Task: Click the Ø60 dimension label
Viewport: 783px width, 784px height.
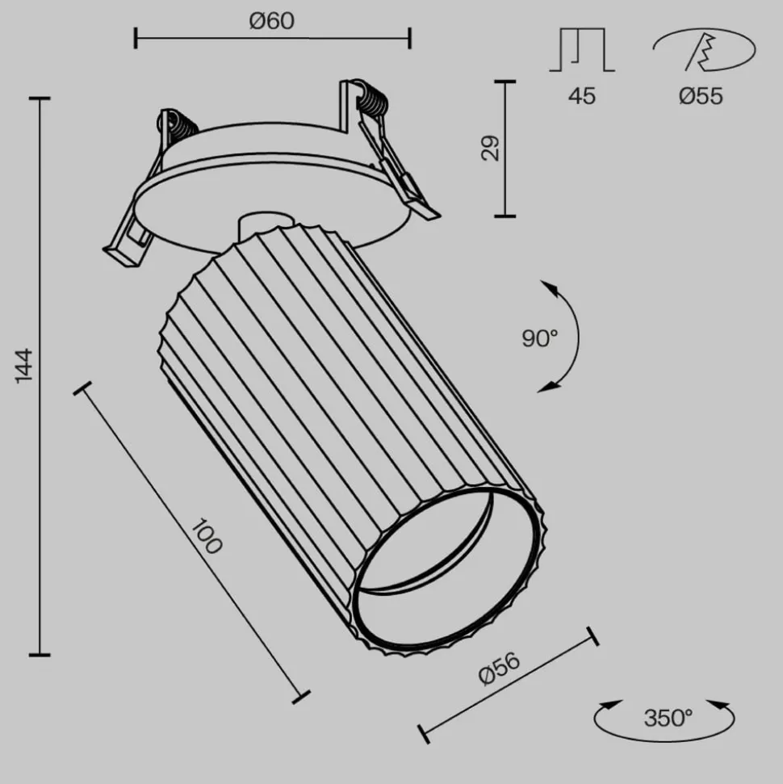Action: [x=272, y=20]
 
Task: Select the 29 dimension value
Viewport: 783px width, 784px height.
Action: [x=490, y=149]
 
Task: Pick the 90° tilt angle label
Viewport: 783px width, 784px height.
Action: [x=539, y=338]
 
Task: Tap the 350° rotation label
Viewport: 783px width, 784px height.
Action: [x=668, y=717]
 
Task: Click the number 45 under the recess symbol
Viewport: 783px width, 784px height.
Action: [x=581, y=96]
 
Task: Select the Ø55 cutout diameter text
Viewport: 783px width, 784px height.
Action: [x=701, y=96]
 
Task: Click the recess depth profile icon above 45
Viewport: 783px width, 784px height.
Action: [x=582, y=50]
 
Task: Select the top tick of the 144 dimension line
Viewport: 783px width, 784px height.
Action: [x=39, y=99]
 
